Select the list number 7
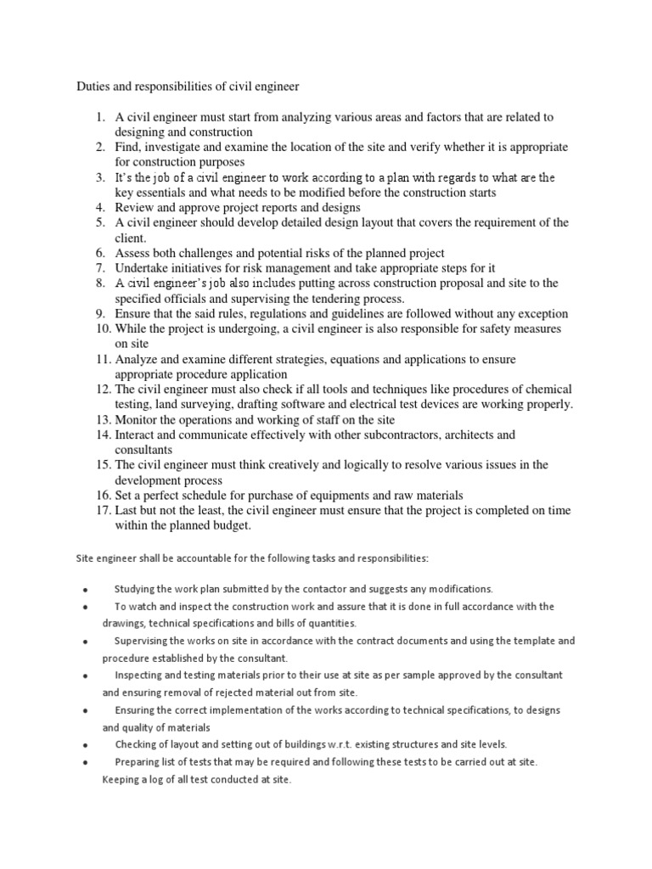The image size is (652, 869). (x=100, y=268)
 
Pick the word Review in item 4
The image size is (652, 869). (x=135, y=208)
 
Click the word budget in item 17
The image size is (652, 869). (x=228, y=525)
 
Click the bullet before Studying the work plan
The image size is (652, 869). (x=86, y=590)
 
